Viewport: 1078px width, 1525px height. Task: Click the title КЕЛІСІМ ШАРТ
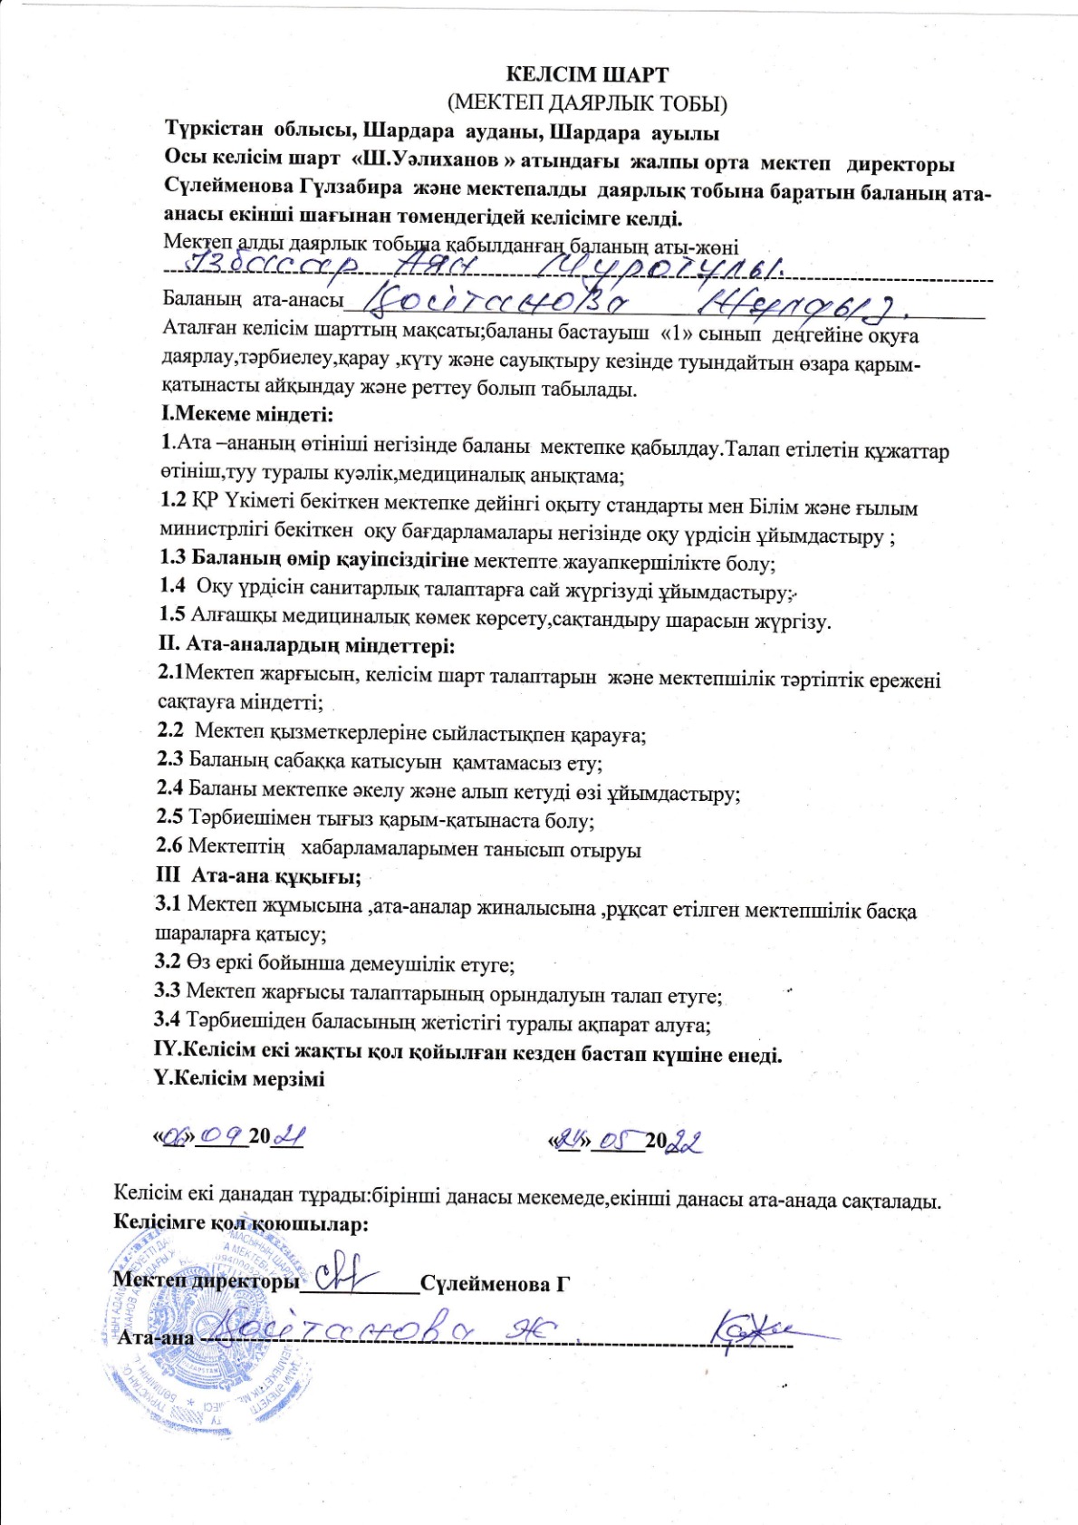point(587,75)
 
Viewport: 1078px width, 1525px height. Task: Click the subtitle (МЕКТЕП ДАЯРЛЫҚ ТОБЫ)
point(587,103)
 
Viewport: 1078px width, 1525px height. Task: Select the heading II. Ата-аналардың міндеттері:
point(306,646)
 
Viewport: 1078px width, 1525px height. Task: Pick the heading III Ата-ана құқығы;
point(259,876)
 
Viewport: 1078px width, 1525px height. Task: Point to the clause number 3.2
point(168,962)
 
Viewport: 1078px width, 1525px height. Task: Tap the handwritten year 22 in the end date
point(685,1142)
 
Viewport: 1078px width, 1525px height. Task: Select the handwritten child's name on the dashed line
point(480,265)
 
